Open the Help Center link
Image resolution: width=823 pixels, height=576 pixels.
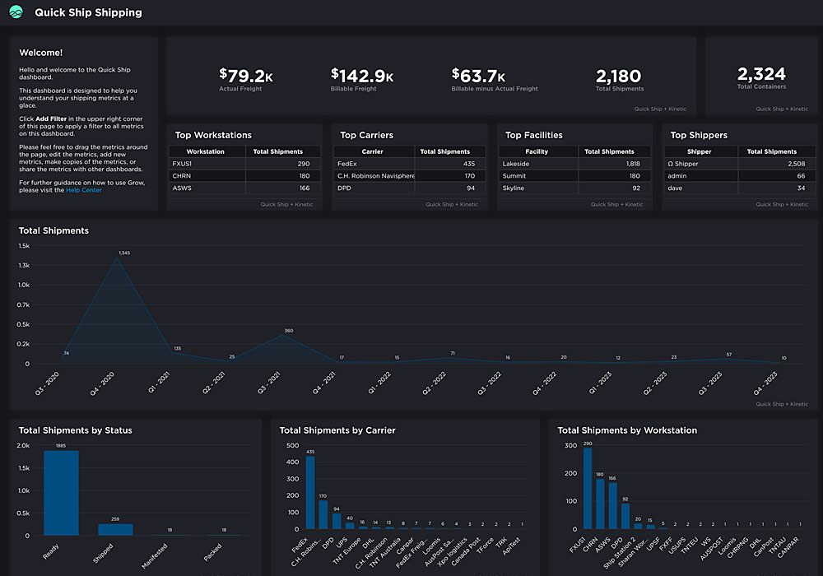pos(84,190)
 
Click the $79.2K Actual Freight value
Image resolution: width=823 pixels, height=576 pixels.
pos(246,77)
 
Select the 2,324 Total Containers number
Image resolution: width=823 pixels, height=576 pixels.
pos(761,74)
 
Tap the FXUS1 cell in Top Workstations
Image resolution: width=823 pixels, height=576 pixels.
pos(182,164)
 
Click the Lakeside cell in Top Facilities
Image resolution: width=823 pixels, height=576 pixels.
pos(516,164)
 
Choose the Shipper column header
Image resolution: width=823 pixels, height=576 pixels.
pos(699,151)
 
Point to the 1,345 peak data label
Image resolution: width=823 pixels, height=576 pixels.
pos(124,253)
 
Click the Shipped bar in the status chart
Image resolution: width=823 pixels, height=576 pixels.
pos(115,529)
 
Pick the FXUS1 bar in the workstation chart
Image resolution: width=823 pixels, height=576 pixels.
pos(588,488)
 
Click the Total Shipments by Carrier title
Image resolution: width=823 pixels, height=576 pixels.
pos(337,430)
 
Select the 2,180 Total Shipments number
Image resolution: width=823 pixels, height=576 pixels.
pos(618,77)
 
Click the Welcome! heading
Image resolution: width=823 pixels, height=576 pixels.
pos(40,53)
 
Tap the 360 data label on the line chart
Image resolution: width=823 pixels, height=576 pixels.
pos(288,331)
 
